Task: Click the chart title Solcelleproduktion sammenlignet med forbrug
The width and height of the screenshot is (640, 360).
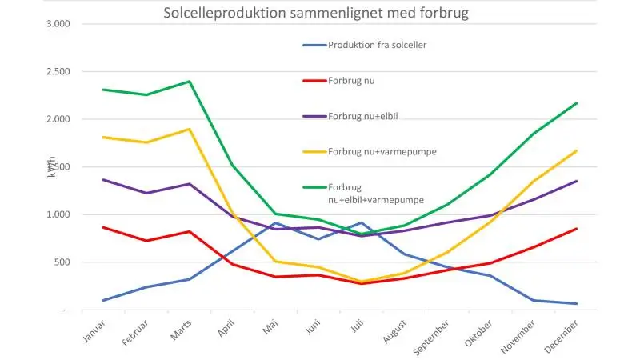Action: (316, 13)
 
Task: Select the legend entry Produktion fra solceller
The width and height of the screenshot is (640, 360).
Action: (365, 45)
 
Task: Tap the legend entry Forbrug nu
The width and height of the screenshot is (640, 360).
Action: (338, 81)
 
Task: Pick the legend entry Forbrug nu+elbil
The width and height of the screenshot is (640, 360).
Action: (350, 116)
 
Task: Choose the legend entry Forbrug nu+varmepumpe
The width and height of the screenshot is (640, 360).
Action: (370, 152)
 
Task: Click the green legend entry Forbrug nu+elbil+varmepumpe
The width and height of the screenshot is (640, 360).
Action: (363, 194)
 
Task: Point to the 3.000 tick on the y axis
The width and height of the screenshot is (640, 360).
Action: (58, 24)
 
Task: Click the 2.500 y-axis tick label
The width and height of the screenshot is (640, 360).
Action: (58, 71)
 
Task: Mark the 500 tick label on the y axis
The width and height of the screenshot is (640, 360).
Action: (62, 262)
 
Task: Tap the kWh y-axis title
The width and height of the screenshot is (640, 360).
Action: (51, 166)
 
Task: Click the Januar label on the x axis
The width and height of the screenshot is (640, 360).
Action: (94, 331)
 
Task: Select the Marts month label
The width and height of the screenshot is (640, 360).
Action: (181, 330)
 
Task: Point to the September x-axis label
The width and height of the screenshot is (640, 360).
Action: (431, 338)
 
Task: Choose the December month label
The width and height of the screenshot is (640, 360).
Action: (562, 337)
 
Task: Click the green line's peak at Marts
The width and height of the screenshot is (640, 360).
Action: (190, 82)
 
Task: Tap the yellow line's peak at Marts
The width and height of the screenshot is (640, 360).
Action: (190, 130)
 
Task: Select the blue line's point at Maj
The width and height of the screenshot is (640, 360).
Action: (275, 223)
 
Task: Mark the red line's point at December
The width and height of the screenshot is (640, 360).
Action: (576, 229)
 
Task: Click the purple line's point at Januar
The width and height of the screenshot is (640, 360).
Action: (103, 179)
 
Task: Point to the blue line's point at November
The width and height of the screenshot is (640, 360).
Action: (534, 301)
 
